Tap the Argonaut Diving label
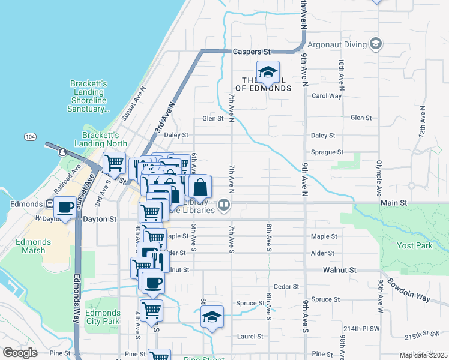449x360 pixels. [337, 44]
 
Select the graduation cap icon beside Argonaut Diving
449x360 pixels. [376, 44]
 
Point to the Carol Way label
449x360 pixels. [326, 95]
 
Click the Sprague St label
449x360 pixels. [327, 152]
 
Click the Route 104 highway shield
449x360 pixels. [29, 137]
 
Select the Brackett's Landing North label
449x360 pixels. [101, 139]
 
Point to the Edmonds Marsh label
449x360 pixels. [34, 246]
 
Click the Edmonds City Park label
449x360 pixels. [103, 317]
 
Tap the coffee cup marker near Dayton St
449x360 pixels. [65, 208]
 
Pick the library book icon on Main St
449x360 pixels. [224, 205]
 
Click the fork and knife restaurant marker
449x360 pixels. [158, 260]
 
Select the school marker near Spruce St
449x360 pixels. [211, 317]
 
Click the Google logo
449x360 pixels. [20, 352]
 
